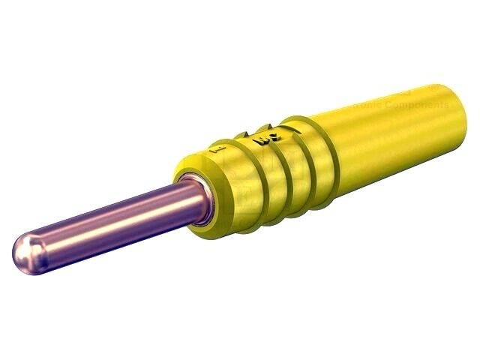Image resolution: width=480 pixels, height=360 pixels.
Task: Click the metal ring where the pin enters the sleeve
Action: tap(196, 199)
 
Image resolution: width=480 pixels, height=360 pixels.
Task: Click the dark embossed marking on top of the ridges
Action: tap(265, 137)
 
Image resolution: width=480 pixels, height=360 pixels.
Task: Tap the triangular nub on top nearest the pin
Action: tap(241, 136)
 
